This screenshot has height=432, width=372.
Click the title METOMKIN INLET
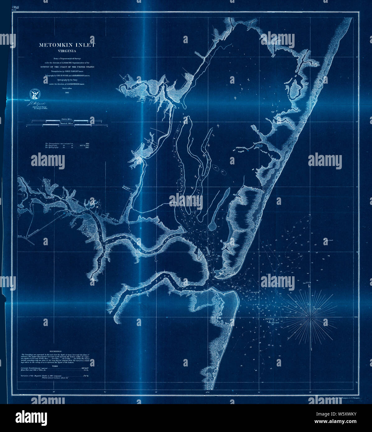[67, 45]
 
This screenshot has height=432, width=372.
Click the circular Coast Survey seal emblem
[34, 94]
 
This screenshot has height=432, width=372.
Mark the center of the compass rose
[311, 317]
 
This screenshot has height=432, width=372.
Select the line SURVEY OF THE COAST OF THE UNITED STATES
[67, 67]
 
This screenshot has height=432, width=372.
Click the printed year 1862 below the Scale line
[67, 93]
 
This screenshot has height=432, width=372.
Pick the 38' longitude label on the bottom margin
[54, 392]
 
